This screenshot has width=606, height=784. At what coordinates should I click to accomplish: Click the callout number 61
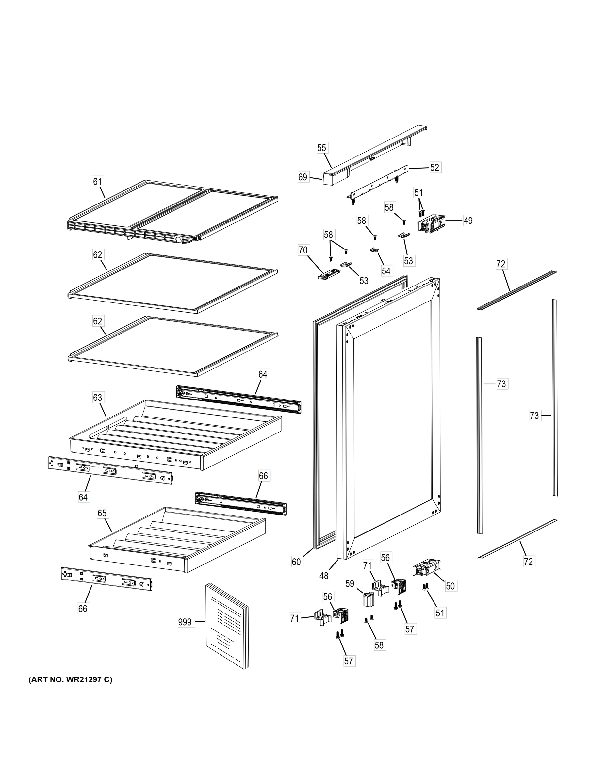[98, 182]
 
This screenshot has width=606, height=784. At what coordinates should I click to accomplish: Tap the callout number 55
[322, 148]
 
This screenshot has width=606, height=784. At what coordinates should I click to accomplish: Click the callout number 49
[468, 220]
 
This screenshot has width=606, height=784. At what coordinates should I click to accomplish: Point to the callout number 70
[303, 250]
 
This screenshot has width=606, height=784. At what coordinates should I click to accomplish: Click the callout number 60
[296, 562]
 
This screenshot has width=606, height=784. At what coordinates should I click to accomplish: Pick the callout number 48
[324, 576]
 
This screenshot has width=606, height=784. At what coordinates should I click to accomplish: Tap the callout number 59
[350, 584]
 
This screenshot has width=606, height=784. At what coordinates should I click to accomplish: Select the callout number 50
[450, 586]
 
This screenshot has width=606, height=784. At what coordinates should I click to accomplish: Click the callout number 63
[98, 397]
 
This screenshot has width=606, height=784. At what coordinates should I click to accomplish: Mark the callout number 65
[102, 513]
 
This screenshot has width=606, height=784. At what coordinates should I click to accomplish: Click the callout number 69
[303, 177]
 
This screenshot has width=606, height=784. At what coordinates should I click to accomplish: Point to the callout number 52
[434, 167]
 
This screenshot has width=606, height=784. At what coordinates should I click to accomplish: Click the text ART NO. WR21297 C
[70, 679]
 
